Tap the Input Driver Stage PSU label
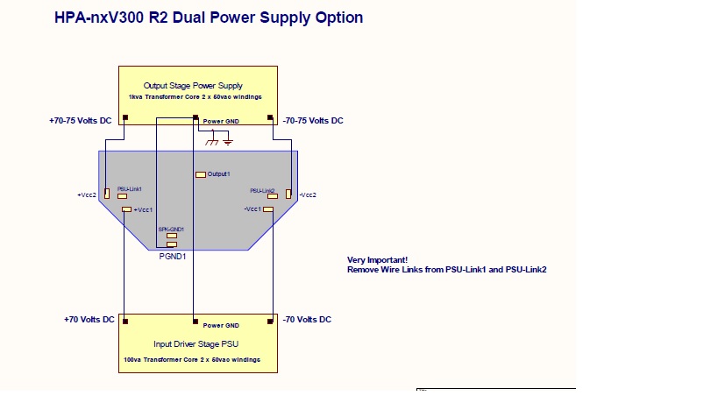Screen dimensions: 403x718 197,344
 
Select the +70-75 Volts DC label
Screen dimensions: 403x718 82,121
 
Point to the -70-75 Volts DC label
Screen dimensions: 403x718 313,121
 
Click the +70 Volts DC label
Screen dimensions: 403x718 89,320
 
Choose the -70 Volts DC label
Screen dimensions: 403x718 307,320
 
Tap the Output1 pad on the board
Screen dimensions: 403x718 201,174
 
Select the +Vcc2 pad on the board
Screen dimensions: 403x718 107,193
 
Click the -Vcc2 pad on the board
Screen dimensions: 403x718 288,193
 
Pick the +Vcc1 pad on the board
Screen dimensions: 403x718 127,210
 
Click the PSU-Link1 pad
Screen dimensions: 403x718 122,196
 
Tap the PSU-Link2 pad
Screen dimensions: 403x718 273,196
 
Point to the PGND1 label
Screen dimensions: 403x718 172,257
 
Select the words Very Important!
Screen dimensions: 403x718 377,260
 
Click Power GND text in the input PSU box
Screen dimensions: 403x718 220,325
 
